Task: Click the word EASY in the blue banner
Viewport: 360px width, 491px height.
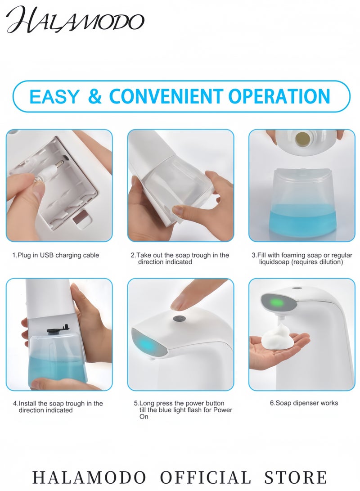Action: (54, 96)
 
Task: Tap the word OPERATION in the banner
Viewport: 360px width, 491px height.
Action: (279, 96)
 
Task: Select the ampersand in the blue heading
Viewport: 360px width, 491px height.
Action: (95, 96)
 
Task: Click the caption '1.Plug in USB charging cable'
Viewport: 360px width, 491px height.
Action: (56, 255)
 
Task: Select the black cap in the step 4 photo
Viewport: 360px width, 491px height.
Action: (58, 329)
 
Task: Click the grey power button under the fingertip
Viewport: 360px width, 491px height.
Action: (180, 319)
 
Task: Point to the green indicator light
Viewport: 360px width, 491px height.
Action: (277, 302)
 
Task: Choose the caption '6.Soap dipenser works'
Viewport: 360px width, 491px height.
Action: (304, 403)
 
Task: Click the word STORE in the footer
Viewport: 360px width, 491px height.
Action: (296, 477)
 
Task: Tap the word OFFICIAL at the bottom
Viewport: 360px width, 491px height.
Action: (206, 477)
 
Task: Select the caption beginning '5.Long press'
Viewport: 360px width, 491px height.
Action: (183, 410)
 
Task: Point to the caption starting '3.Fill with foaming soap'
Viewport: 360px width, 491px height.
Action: (302, 259)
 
